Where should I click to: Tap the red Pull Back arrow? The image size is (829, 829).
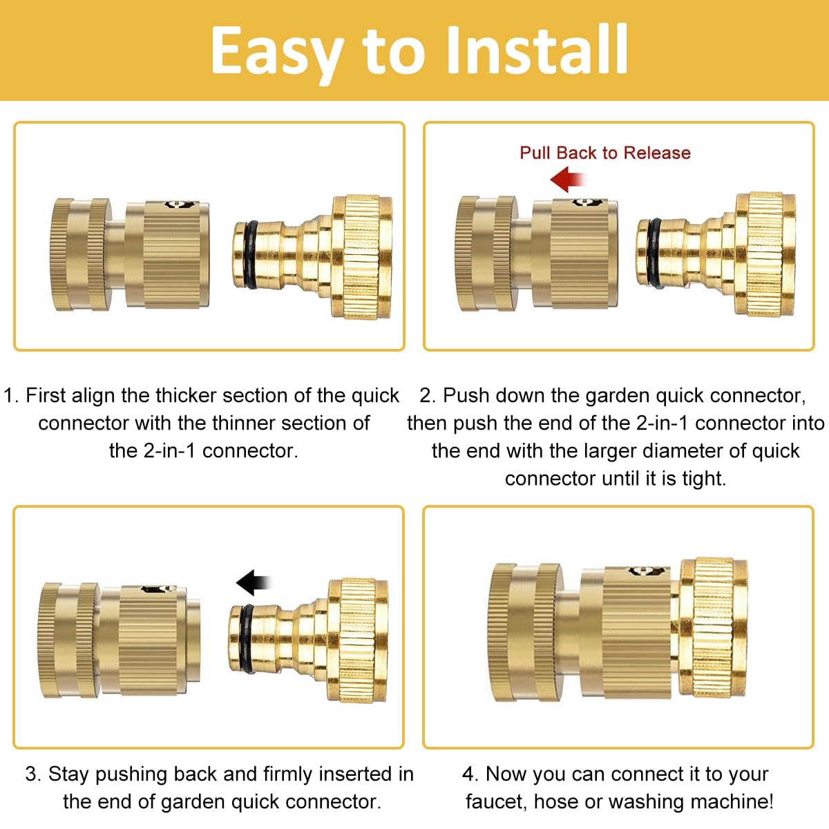(x=568, y=180)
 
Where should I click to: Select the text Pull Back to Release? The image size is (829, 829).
(x=604, y=153)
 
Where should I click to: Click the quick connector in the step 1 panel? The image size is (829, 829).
(x=130, y=253)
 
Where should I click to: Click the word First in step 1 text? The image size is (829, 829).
(x=46, y=395)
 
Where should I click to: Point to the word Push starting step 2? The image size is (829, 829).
(x=467, y=395)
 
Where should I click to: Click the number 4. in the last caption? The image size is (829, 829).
(x=470, y=774)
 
